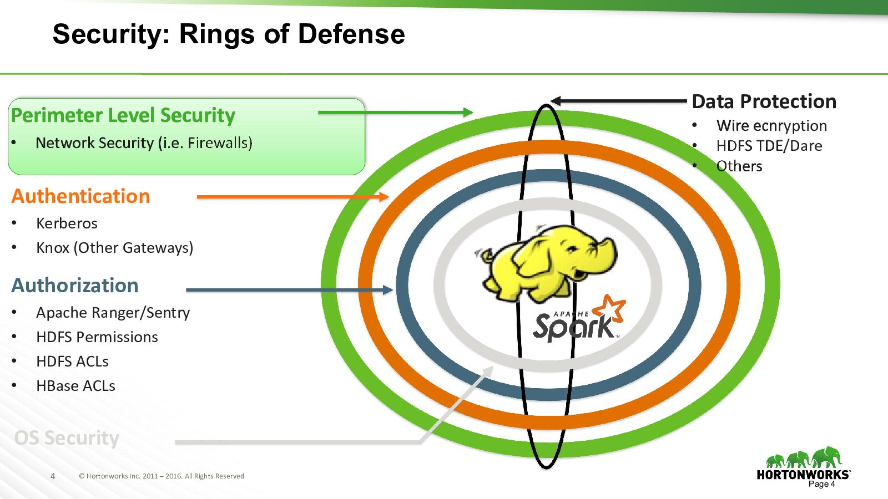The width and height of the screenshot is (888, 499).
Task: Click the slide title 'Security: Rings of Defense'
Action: (229, 34)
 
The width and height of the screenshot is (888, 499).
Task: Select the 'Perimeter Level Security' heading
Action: (123, 115)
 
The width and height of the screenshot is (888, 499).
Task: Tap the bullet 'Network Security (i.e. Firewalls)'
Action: (144, 143)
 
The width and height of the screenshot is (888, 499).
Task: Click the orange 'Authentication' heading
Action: (81, 196)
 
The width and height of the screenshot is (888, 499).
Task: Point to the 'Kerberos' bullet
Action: (67, 223)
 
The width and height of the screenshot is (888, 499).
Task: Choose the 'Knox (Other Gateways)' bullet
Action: (114, 248)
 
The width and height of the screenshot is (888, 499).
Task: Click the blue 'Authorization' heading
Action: (75, 286)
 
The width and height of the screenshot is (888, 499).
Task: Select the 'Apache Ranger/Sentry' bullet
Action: (113, 313)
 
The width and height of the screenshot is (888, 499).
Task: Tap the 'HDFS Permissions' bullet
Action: (97, 337)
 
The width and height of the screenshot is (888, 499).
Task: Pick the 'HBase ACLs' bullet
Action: (75, 386)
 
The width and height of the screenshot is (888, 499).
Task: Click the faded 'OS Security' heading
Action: (67, 438)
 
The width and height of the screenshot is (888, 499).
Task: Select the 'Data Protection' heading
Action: (764, 101)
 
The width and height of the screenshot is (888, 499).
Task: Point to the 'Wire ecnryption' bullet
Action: (771, 126)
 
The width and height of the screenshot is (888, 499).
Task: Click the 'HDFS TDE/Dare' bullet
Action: (769, 146)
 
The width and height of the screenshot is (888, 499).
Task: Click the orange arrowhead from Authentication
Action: (383, 197)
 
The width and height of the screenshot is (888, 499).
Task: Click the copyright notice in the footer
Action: (162, 476)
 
